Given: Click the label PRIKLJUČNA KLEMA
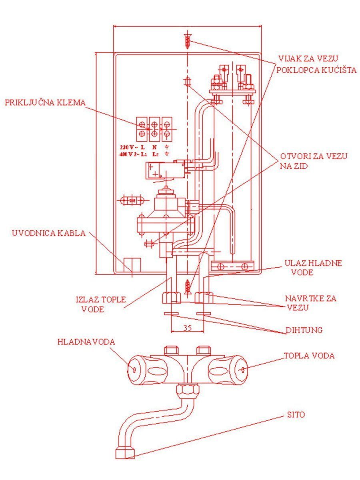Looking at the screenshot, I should click(45, 102).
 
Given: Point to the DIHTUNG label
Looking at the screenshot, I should click(304, 331).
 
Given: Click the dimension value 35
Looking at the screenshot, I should click(187, 328).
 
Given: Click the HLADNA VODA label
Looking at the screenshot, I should click(86, 342).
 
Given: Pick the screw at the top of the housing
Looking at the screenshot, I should click(187, 41).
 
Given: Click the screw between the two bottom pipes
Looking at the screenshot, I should click(187, 286).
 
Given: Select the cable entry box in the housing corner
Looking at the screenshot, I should click(132, 265).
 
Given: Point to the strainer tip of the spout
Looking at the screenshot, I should click(125, 453).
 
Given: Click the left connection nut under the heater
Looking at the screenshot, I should click(172, 298).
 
